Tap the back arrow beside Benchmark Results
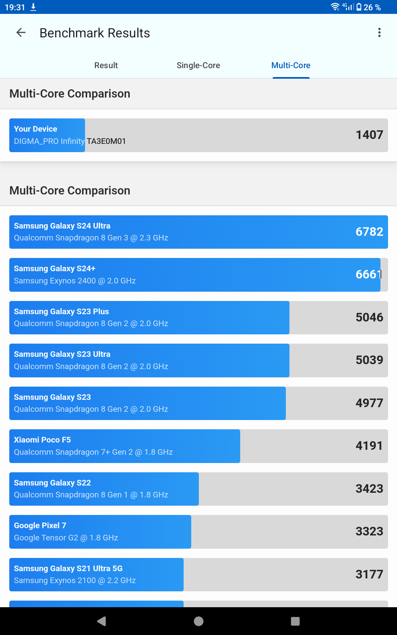pos(21,32)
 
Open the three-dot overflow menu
pos(379,32)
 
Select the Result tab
pos(106,65)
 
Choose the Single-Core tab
pos(198,65)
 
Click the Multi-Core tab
pos(291,65)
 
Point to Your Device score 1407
pos(369,135)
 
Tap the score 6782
pos(369,232)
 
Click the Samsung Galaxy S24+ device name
pos(55,269)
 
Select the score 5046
pos(369,317)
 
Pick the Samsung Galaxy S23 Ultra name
pos(62,354)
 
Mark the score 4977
pos(369,403)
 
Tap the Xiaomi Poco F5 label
pos(42,440)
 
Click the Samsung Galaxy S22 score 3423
pos(369,489)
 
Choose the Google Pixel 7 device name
pos(40,526)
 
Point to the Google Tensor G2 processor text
pos(66,538)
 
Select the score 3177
pos(369,574)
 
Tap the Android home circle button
pos(198,621)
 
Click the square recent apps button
pos(295,621)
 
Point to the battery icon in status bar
pos(359,7)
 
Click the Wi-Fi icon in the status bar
pos(335,7)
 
